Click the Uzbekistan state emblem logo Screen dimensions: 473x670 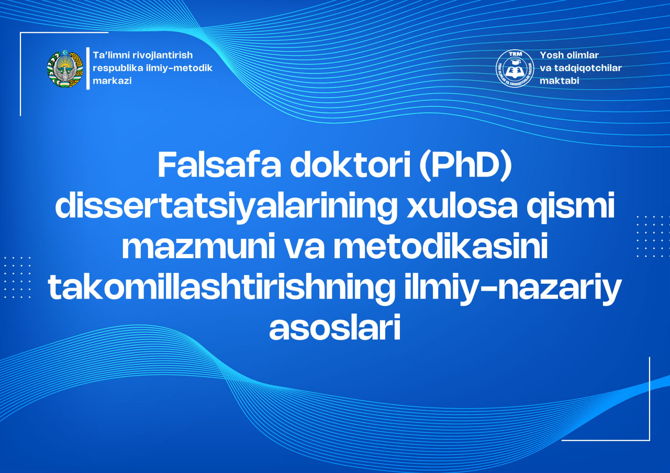coord(65,68)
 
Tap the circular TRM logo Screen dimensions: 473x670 coord(515,68)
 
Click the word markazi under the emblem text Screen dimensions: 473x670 coord(112,81)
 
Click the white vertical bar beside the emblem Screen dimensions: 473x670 coord(88,68)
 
